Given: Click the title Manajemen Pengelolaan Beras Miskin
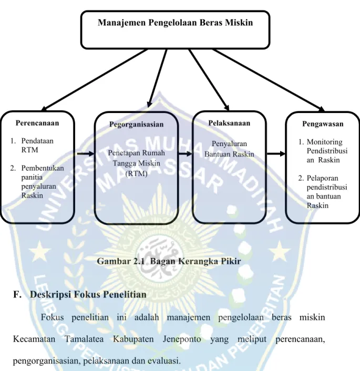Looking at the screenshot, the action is click(176, 23).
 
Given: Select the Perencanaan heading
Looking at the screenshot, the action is click(37, 123).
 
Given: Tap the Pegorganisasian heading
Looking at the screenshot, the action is click(136, 124).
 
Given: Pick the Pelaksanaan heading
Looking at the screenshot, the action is click(229, 123).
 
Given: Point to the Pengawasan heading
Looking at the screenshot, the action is click(323, 123).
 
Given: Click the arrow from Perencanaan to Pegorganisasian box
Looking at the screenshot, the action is click(86, 154).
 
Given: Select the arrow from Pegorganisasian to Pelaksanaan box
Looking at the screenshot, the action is click(185, 154).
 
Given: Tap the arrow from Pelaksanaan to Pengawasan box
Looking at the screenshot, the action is click(276, 154).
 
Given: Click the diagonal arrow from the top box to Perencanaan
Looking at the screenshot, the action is click(94, 80).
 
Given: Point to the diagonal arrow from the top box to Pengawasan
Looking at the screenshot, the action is click(269, 80).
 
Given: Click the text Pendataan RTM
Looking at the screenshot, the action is click(37, 145).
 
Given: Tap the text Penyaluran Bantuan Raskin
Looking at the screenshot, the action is click(229, 149).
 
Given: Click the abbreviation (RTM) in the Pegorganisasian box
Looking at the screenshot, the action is click(136, 173).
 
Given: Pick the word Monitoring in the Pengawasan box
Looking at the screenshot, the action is click(324, 142).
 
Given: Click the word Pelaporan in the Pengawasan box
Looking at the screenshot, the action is click(322, 178).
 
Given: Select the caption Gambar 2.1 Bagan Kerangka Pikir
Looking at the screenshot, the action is click(169, 261).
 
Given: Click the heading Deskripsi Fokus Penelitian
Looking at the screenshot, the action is click(88, 294).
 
